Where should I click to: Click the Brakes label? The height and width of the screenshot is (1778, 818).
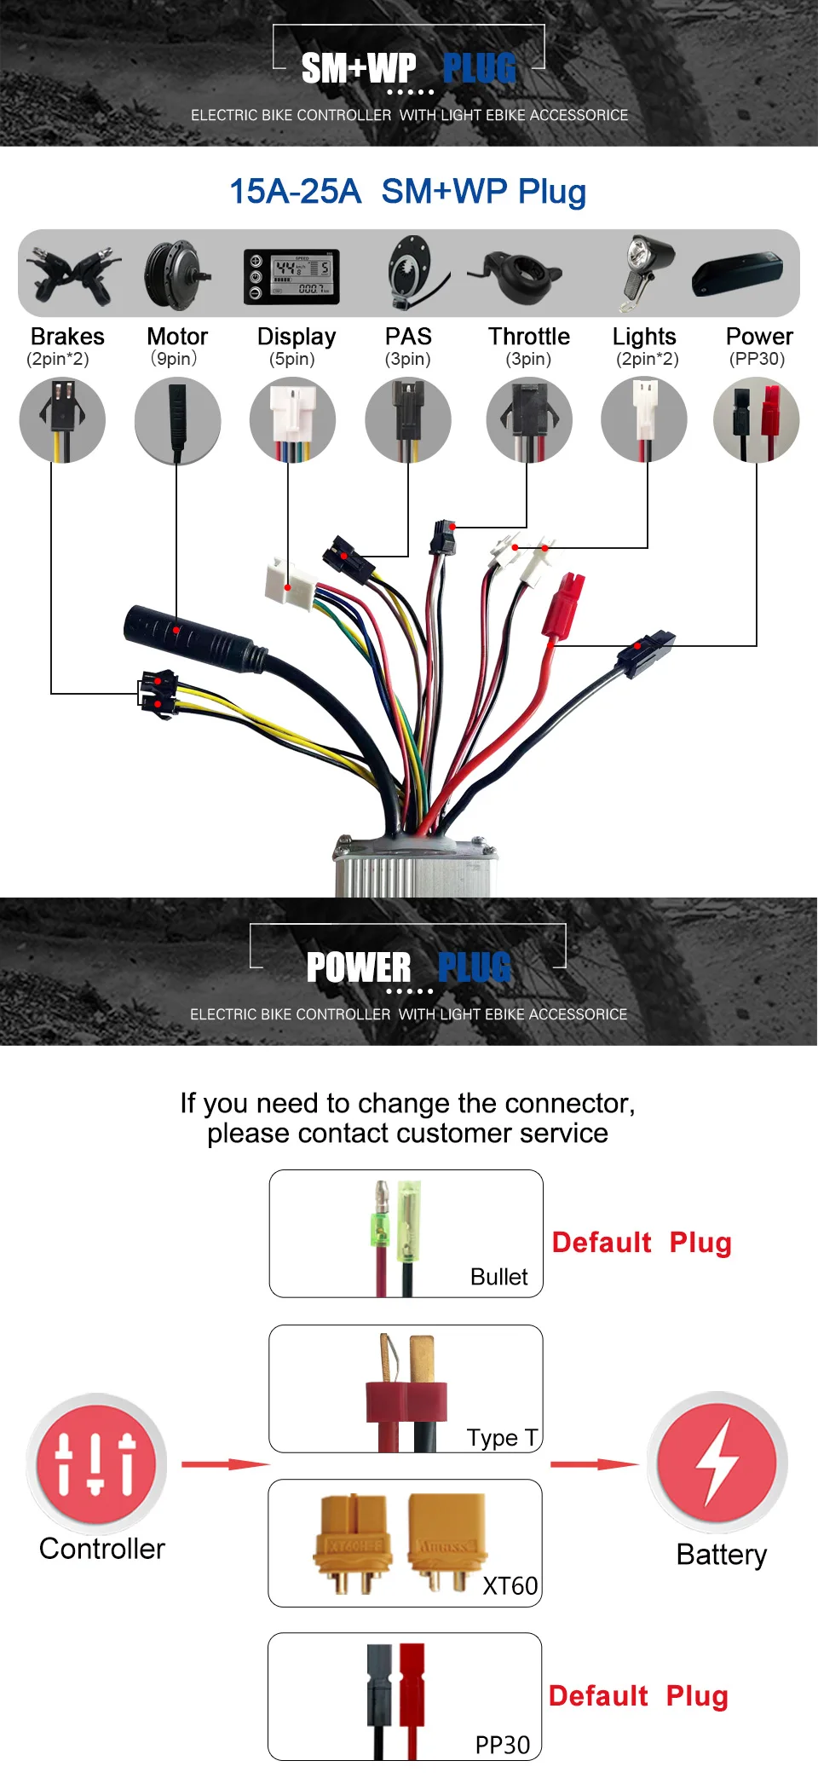67,337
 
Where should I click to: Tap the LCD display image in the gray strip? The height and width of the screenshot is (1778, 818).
291,276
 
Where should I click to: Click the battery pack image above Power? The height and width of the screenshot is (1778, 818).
738,274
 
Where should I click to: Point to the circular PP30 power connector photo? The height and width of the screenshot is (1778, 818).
756,420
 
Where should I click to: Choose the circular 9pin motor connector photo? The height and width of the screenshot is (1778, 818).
177,420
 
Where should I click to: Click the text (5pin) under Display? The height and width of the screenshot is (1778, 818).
292,359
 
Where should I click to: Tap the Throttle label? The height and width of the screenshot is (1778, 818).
528,337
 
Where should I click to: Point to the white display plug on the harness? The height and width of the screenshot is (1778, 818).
288,584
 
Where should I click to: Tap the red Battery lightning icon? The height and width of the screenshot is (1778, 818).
717,1462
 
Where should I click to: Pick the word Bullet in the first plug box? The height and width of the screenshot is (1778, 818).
498,1277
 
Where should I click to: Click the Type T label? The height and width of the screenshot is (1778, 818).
502,1438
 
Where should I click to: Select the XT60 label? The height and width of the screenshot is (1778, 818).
510,1585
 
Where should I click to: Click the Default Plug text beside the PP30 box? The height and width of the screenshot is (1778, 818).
638,1696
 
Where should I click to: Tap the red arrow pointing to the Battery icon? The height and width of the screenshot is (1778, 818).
593,1464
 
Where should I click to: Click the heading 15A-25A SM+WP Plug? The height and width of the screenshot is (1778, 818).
407,192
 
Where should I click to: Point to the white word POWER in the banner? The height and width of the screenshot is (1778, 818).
358,968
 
